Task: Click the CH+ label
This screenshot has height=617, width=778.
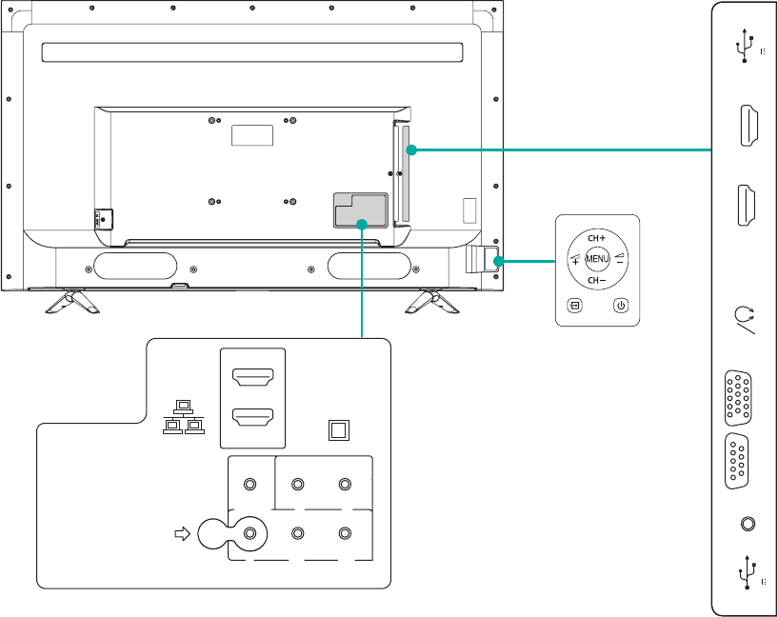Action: (597, 236)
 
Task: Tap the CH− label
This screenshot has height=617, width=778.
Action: (597, 281)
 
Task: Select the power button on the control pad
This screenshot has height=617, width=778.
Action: (620, 306)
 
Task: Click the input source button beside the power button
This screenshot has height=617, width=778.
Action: (574, 306)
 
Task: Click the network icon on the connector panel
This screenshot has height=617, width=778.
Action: (185, 416)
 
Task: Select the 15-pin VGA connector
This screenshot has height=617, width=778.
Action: (737, 396)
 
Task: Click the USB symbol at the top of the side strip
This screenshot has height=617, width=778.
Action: (745, 45)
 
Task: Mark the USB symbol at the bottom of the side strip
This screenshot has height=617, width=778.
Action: (745, 574)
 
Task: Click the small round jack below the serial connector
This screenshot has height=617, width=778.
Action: (747, 523)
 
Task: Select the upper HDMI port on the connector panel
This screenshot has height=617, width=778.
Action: (252, 380)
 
